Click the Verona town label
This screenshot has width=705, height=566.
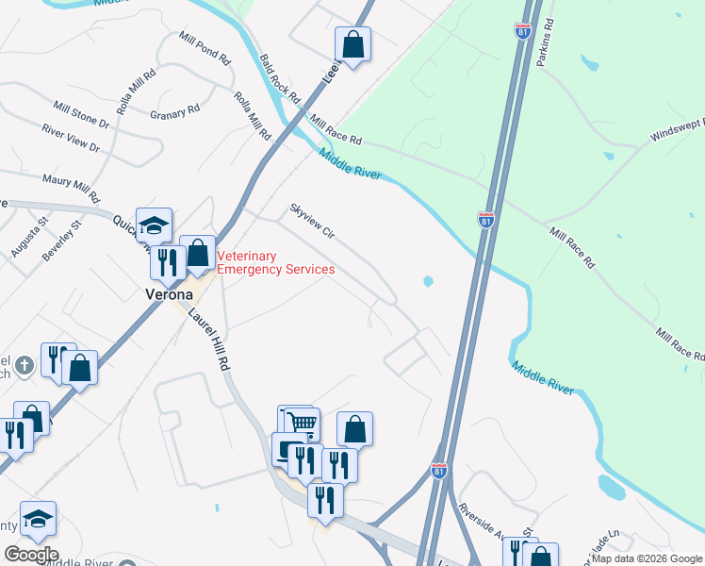[x=169, y=293]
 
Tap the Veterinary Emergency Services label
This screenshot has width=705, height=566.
[x=276, y=262]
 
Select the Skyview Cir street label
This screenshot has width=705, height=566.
[x=312, y=220]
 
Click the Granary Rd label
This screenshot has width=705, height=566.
[x=175, y=109]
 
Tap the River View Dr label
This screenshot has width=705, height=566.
[x=70, y=138]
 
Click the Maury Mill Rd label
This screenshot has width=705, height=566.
[x=71, y=189]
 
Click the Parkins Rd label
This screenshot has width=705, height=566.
[x=543, y=44]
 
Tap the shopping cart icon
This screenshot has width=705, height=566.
[x=302, y=422]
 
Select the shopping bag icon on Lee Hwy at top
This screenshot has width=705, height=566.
[x=352, y=43]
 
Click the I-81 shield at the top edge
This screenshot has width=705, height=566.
[x=522, y=32]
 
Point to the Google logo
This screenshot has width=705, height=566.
[x=30, y=555]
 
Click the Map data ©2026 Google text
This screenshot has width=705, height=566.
[x=647, y=558]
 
